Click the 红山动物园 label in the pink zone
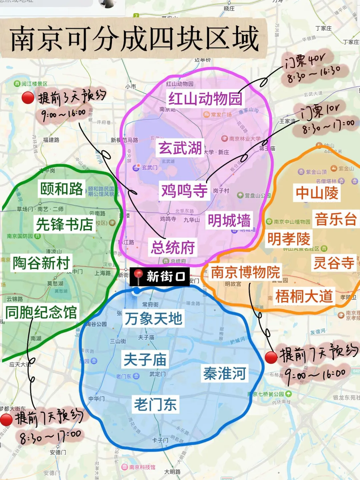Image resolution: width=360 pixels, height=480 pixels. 205,99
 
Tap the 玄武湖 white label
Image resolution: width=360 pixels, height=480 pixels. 180,148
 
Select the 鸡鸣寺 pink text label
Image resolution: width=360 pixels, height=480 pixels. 184,191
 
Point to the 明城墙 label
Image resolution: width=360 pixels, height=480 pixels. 229,221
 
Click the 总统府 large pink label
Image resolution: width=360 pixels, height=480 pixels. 173,247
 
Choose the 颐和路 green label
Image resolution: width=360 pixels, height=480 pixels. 62,189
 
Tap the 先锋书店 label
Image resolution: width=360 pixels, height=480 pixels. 64,224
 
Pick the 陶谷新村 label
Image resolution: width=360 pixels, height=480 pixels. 41,263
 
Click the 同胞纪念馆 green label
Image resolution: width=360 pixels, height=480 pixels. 41,312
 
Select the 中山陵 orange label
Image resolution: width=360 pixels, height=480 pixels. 317,193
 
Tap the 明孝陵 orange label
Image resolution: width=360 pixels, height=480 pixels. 289,239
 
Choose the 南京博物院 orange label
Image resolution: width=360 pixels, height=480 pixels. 245,272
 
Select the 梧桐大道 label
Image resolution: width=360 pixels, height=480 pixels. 304,296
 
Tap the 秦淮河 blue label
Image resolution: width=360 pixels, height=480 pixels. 225,373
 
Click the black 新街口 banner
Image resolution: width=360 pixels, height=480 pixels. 160,276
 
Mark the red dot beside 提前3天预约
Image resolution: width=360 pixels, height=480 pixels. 28,98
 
